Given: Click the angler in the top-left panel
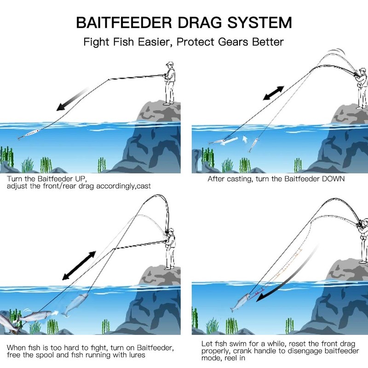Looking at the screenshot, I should pyautogui.click(x=169, y=83).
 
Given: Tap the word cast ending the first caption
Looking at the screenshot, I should pyautogui.click(x=144, y=186).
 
